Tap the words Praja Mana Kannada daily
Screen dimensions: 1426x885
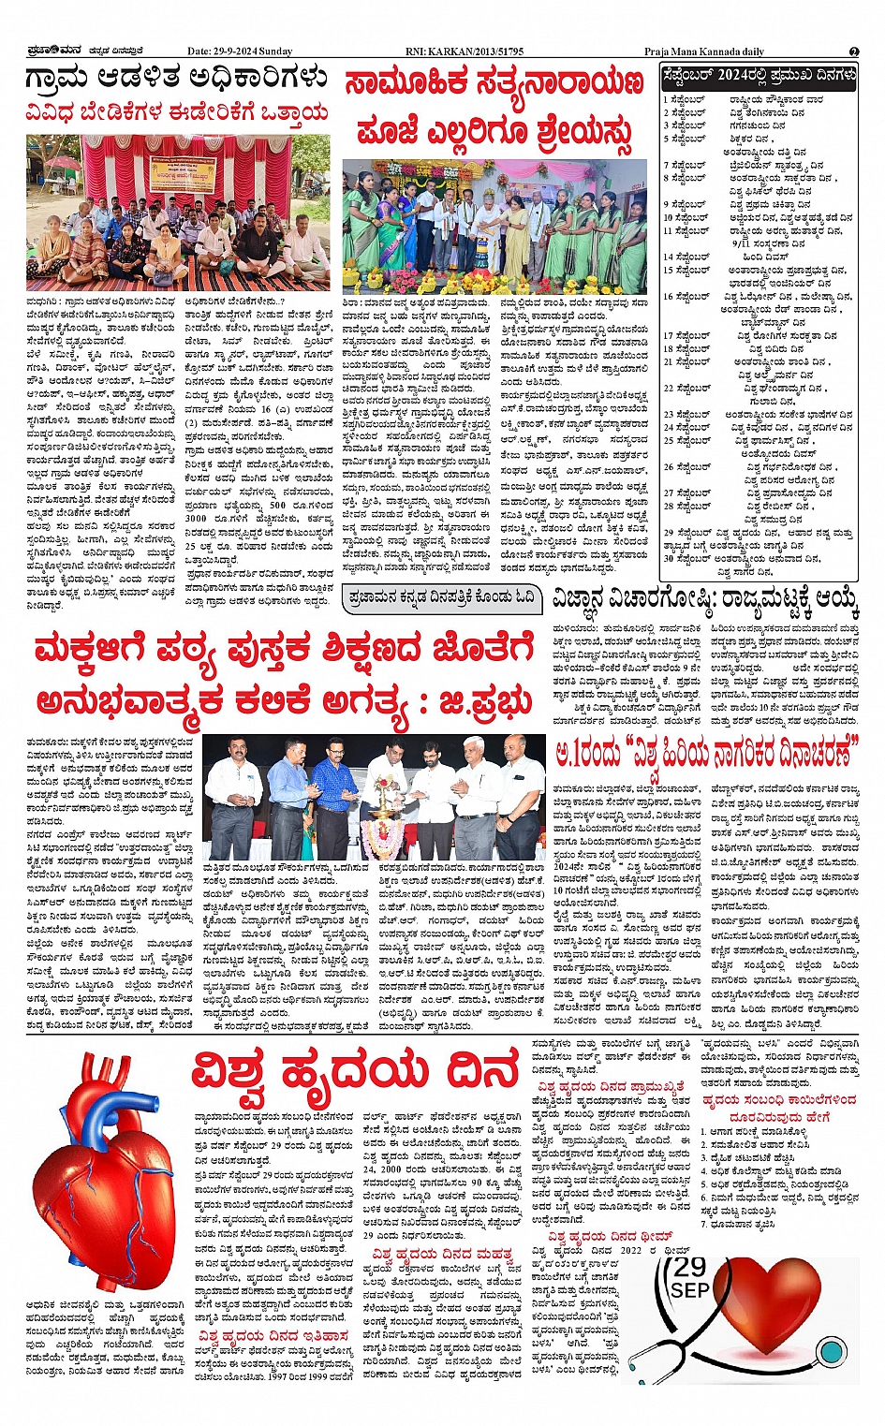(703, 51)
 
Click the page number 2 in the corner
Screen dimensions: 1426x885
(853, 51)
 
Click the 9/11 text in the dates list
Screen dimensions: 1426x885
(745, 243)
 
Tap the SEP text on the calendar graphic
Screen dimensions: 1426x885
(690, 1291)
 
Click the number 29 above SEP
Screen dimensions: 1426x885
(690, 1269)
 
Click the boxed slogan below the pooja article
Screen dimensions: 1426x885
(440, 598)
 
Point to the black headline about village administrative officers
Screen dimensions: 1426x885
(177, 79)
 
